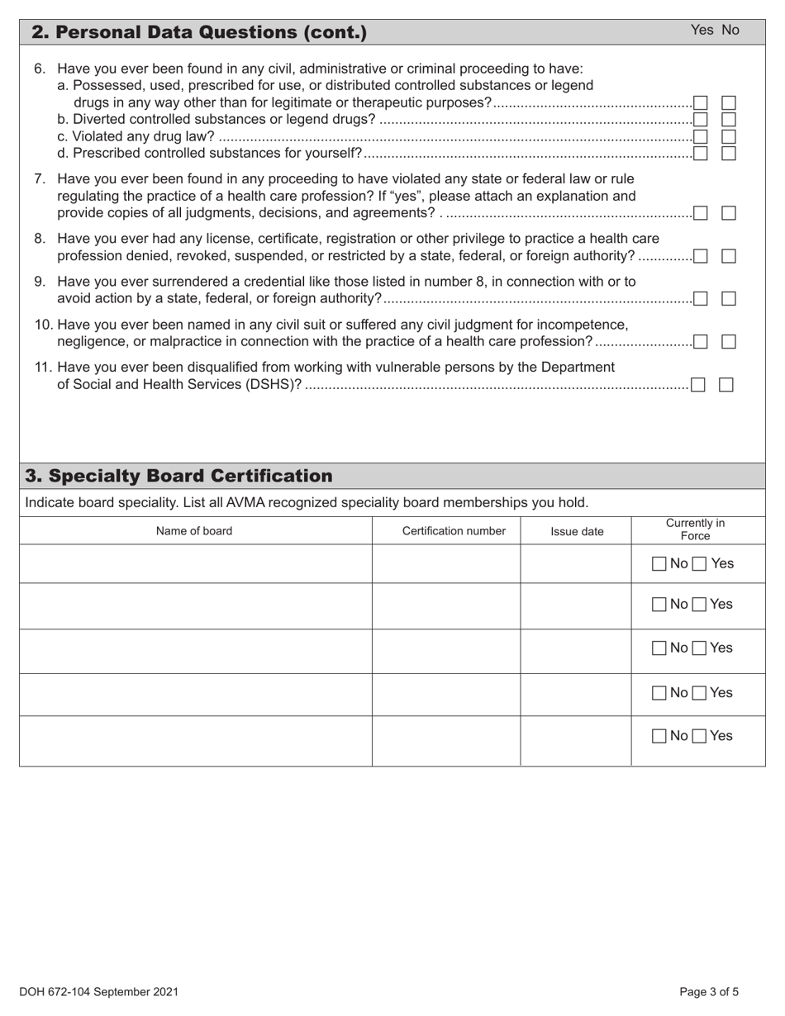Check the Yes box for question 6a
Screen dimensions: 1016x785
click(701, 103)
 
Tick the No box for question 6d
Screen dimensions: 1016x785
click(729, 153)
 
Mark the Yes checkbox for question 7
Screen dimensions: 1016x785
click(701, 213)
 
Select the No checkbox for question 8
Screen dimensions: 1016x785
click(729, 256)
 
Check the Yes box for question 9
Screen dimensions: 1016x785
click(701, 298)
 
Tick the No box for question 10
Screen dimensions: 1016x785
click(729, 341)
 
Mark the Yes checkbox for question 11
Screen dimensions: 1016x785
click(698, 384)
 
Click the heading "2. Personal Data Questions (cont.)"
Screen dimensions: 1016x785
click(198, 32)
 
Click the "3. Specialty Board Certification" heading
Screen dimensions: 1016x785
click(179, 476)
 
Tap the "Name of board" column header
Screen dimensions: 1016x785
click(194, 531)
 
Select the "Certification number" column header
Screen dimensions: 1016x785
click(454, 531)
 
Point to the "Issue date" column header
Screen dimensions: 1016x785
click(577, 532)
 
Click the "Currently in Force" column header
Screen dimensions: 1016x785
click(695, 529)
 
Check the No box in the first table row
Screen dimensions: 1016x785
click(659, 564)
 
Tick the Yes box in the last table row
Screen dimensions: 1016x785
click(699, 736)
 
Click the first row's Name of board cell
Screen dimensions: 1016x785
click(195, 564)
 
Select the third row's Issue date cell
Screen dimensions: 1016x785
click(575, 651)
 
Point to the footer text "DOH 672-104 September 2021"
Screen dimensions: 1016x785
click(98, 992)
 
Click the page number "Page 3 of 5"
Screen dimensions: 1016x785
click(709, 992)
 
